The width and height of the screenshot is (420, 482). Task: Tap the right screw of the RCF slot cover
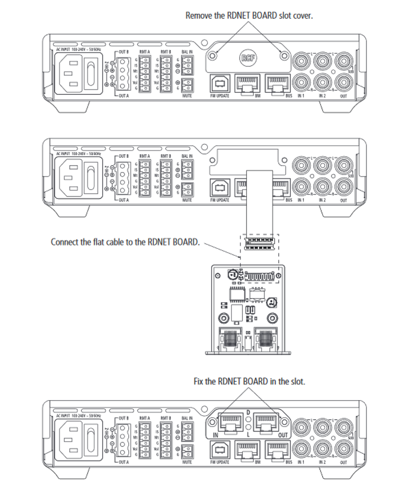coord(283,55)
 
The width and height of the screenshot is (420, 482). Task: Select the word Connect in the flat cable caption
coord(65,242)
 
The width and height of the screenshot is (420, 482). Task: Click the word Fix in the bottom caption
coord(199,381)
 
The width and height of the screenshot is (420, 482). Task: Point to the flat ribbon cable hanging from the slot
coord(260,202)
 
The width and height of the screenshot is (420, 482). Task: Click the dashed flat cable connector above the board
coord(260,243)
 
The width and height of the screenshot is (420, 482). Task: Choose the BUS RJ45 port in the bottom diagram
coord(279,451)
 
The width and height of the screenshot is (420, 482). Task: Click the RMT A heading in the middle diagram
coord(145,156)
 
